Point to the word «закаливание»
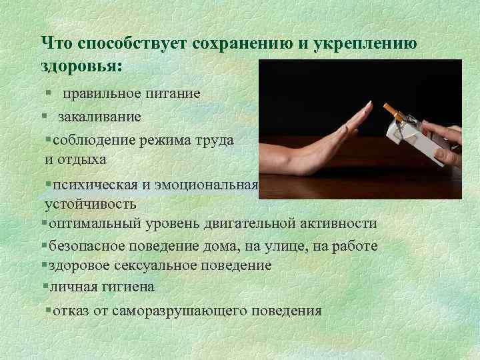(x=99, y=117)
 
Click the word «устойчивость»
(x=91, y=203)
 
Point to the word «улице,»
(x=284, y=246)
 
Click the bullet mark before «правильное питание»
(x=45, y=93)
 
